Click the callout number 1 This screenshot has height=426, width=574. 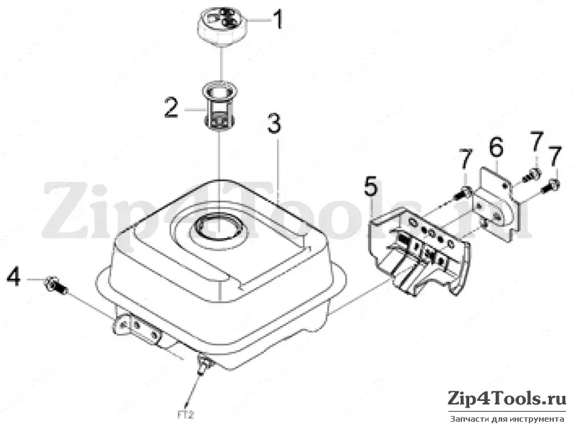pyautogui.click(x=278, y=19)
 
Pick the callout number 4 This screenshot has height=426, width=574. pyautogui.click(x=14, y=277)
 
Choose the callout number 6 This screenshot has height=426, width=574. pyautogui.click(x=497, y=147)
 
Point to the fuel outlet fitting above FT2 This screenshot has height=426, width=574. pyautogui.click(x=203, y=364)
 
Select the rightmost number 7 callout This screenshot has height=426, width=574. pyautogui.click(x=555, y=156)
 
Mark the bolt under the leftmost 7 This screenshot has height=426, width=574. pyautogui.click(x=461, y=192)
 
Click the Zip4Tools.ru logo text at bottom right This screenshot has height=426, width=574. pyautogui.click(x=507, y=398)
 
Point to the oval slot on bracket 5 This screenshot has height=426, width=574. pyautogui.click(x=413, y=222)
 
